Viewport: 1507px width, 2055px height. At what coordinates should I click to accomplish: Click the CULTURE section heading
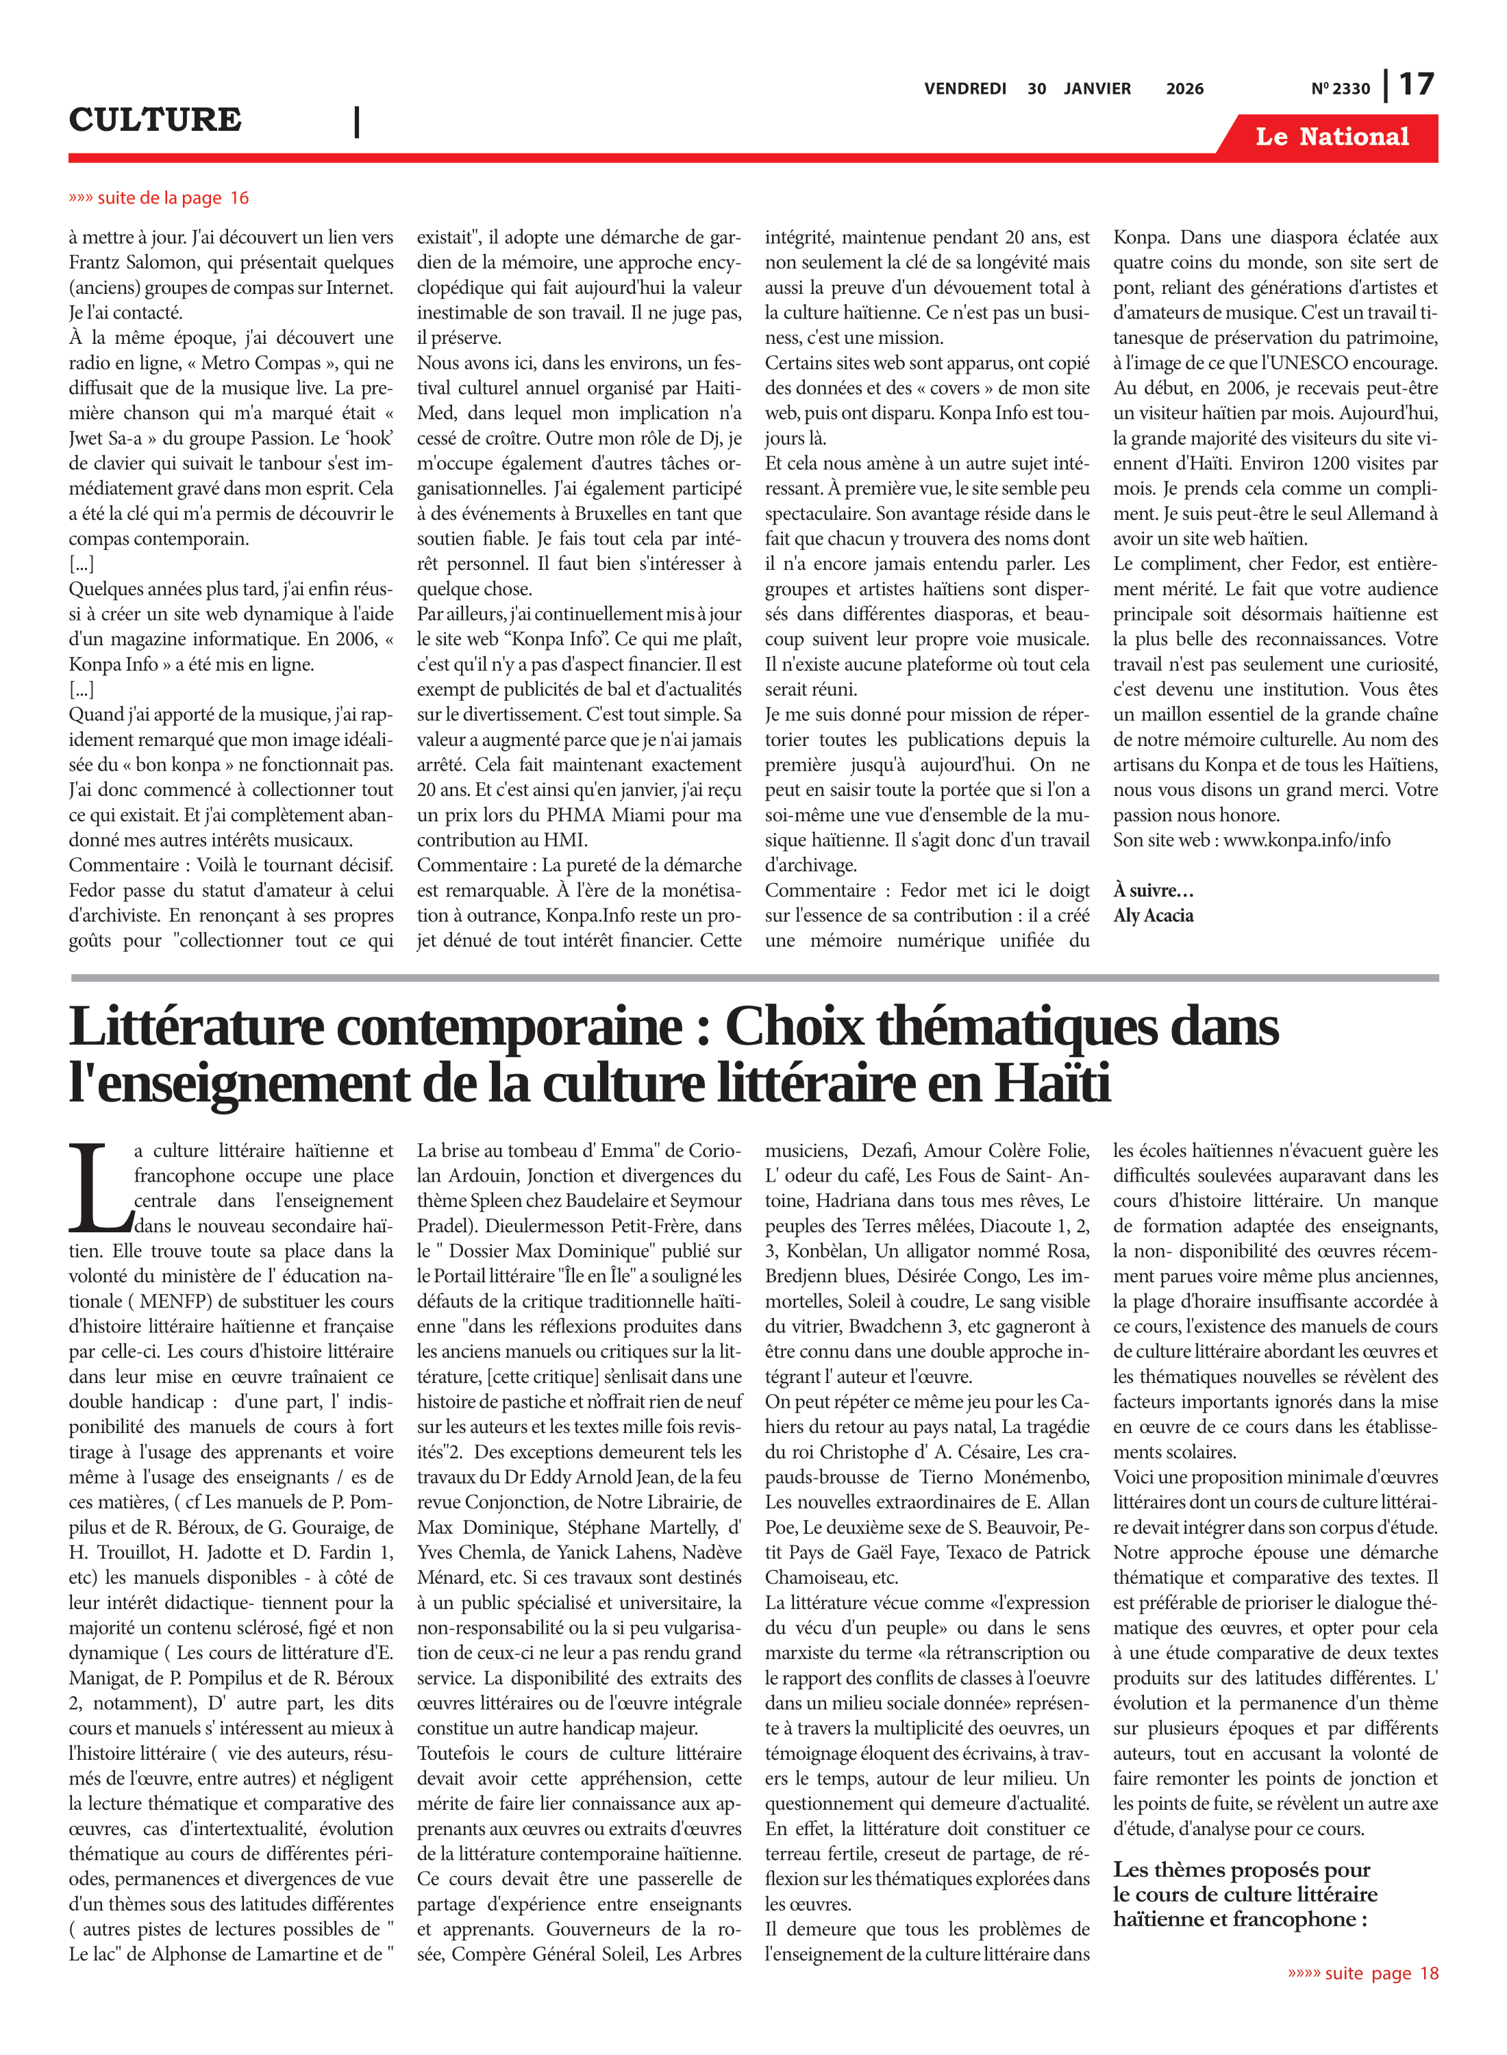tap(155, 119)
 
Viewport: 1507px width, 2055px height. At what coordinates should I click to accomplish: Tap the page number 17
tap(1416, 85)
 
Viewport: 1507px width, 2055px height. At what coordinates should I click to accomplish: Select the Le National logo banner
tap(1331, 137)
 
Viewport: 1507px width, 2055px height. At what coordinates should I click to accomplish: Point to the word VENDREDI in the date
tap(964, 88)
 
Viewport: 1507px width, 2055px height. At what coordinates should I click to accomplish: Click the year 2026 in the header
tap(1184, 88)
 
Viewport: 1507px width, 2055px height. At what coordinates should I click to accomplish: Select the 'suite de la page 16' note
tap(159, 198)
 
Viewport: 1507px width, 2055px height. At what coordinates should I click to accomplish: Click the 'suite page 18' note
tap(1363, 1973)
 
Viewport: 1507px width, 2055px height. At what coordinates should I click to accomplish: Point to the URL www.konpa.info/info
tap(1306, 840)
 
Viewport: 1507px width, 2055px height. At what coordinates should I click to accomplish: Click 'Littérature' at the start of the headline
tap(196, 1027)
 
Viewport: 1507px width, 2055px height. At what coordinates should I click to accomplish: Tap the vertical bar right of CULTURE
tap(357, 121)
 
